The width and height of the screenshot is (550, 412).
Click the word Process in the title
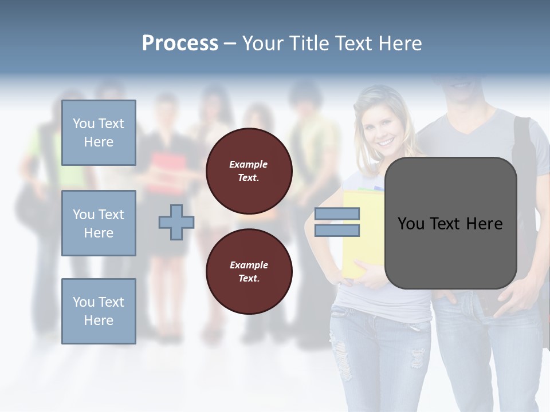pyautogui.click(x=180, y=43)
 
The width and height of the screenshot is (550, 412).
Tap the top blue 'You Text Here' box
pyautogui.click(x=99, y=133)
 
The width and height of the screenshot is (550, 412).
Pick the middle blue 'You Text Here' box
pyautogui.click(x=99, y=223)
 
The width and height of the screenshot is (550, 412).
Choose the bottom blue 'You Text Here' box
pyautogui.click(x=99, y=311)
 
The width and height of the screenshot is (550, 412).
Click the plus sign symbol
pyautogui.click(x=176, y=222)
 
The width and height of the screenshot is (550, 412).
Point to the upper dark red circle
pyautogui.click(x=249, y=171)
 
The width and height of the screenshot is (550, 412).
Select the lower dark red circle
pyautogui.click(x=249, y=272)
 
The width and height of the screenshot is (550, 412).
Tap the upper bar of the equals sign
pyautogui.click(x=337, y=214)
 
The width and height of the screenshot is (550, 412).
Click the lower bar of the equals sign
pyautogui.click(x=337, y=231)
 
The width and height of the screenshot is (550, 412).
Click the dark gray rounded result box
pyautogui.click(x=450, y=223)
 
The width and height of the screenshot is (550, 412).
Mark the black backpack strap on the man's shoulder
pyautogui.click(x=522, y=143)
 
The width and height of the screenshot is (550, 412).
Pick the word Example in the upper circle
pyautogui.click(x=248, y=164)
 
